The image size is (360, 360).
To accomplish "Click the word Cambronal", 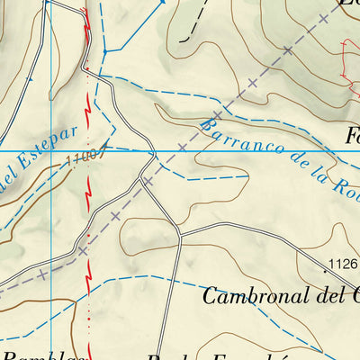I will pos(251,295).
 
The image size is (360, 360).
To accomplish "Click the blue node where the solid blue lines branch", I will pos(104,51).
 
